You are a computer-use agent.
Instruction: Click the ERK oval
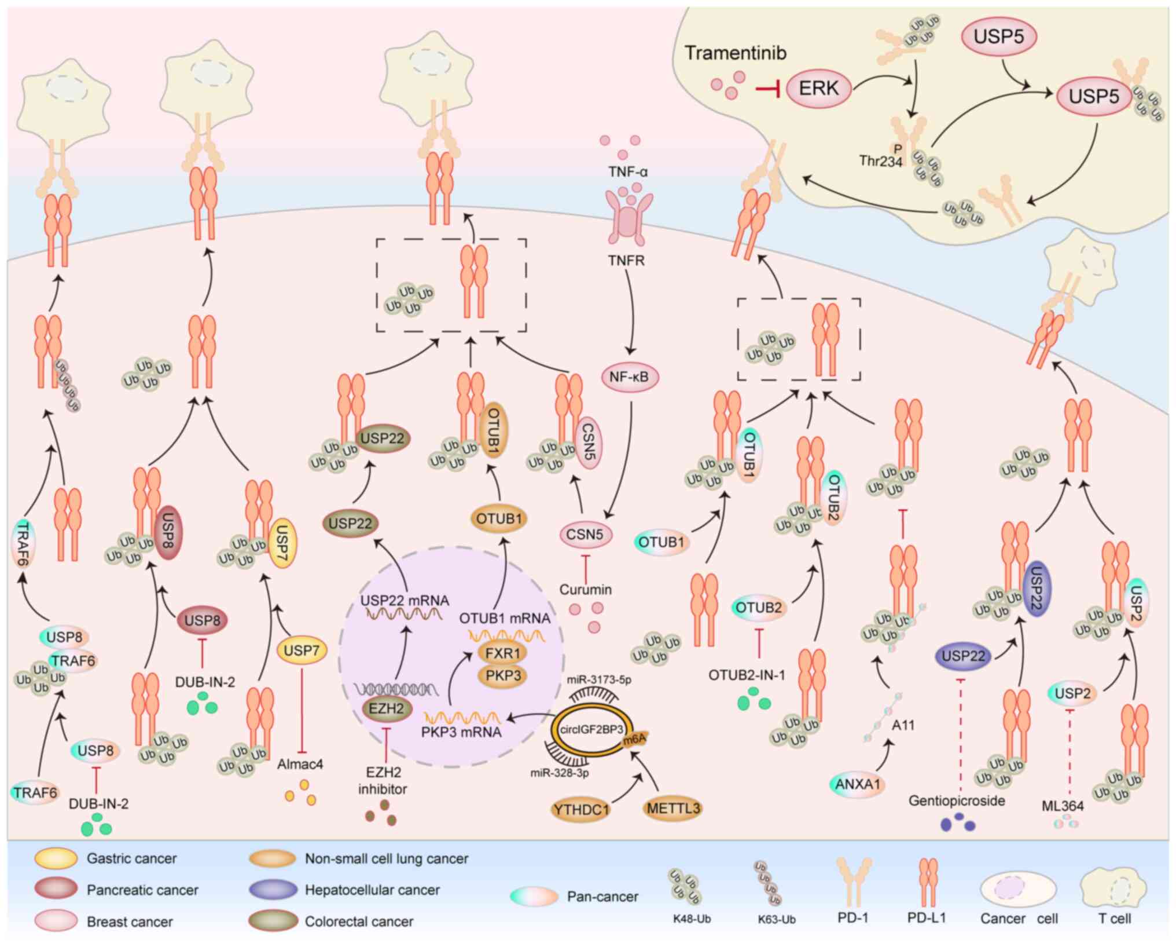(818, 88)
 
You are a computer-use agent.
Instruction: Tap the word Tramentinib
(736, 53)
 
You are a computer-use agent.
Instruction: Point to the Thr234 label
(880, 161)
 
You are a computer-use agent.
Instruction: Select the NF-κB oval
(629, 377)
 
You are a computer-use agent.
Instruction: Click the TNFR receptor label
(626, 261)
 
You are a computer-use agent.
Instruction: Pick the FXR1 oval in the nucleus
(502, 653)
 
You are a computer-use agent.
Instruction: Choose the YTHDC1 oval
(580, 809)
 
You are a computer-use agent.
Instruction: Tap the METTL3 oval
(673, 808)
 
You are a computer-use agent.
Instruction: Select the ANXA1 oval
(858, 784)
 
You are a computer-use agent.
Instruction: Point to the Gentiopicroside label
(957, 801)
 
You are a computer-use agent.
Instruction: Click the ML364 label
(1063, 806)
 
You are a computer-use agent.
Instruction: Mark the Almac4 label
(300, 765)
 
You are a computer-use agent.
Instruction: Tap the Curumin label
(585, 590)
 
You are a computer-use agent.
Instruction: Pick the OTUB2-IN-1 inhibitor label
(747, 675)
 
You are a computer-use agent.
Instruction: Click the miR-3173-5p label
(599, 680)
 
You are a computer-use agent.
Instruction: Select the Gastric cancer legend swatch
(56, 858)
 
